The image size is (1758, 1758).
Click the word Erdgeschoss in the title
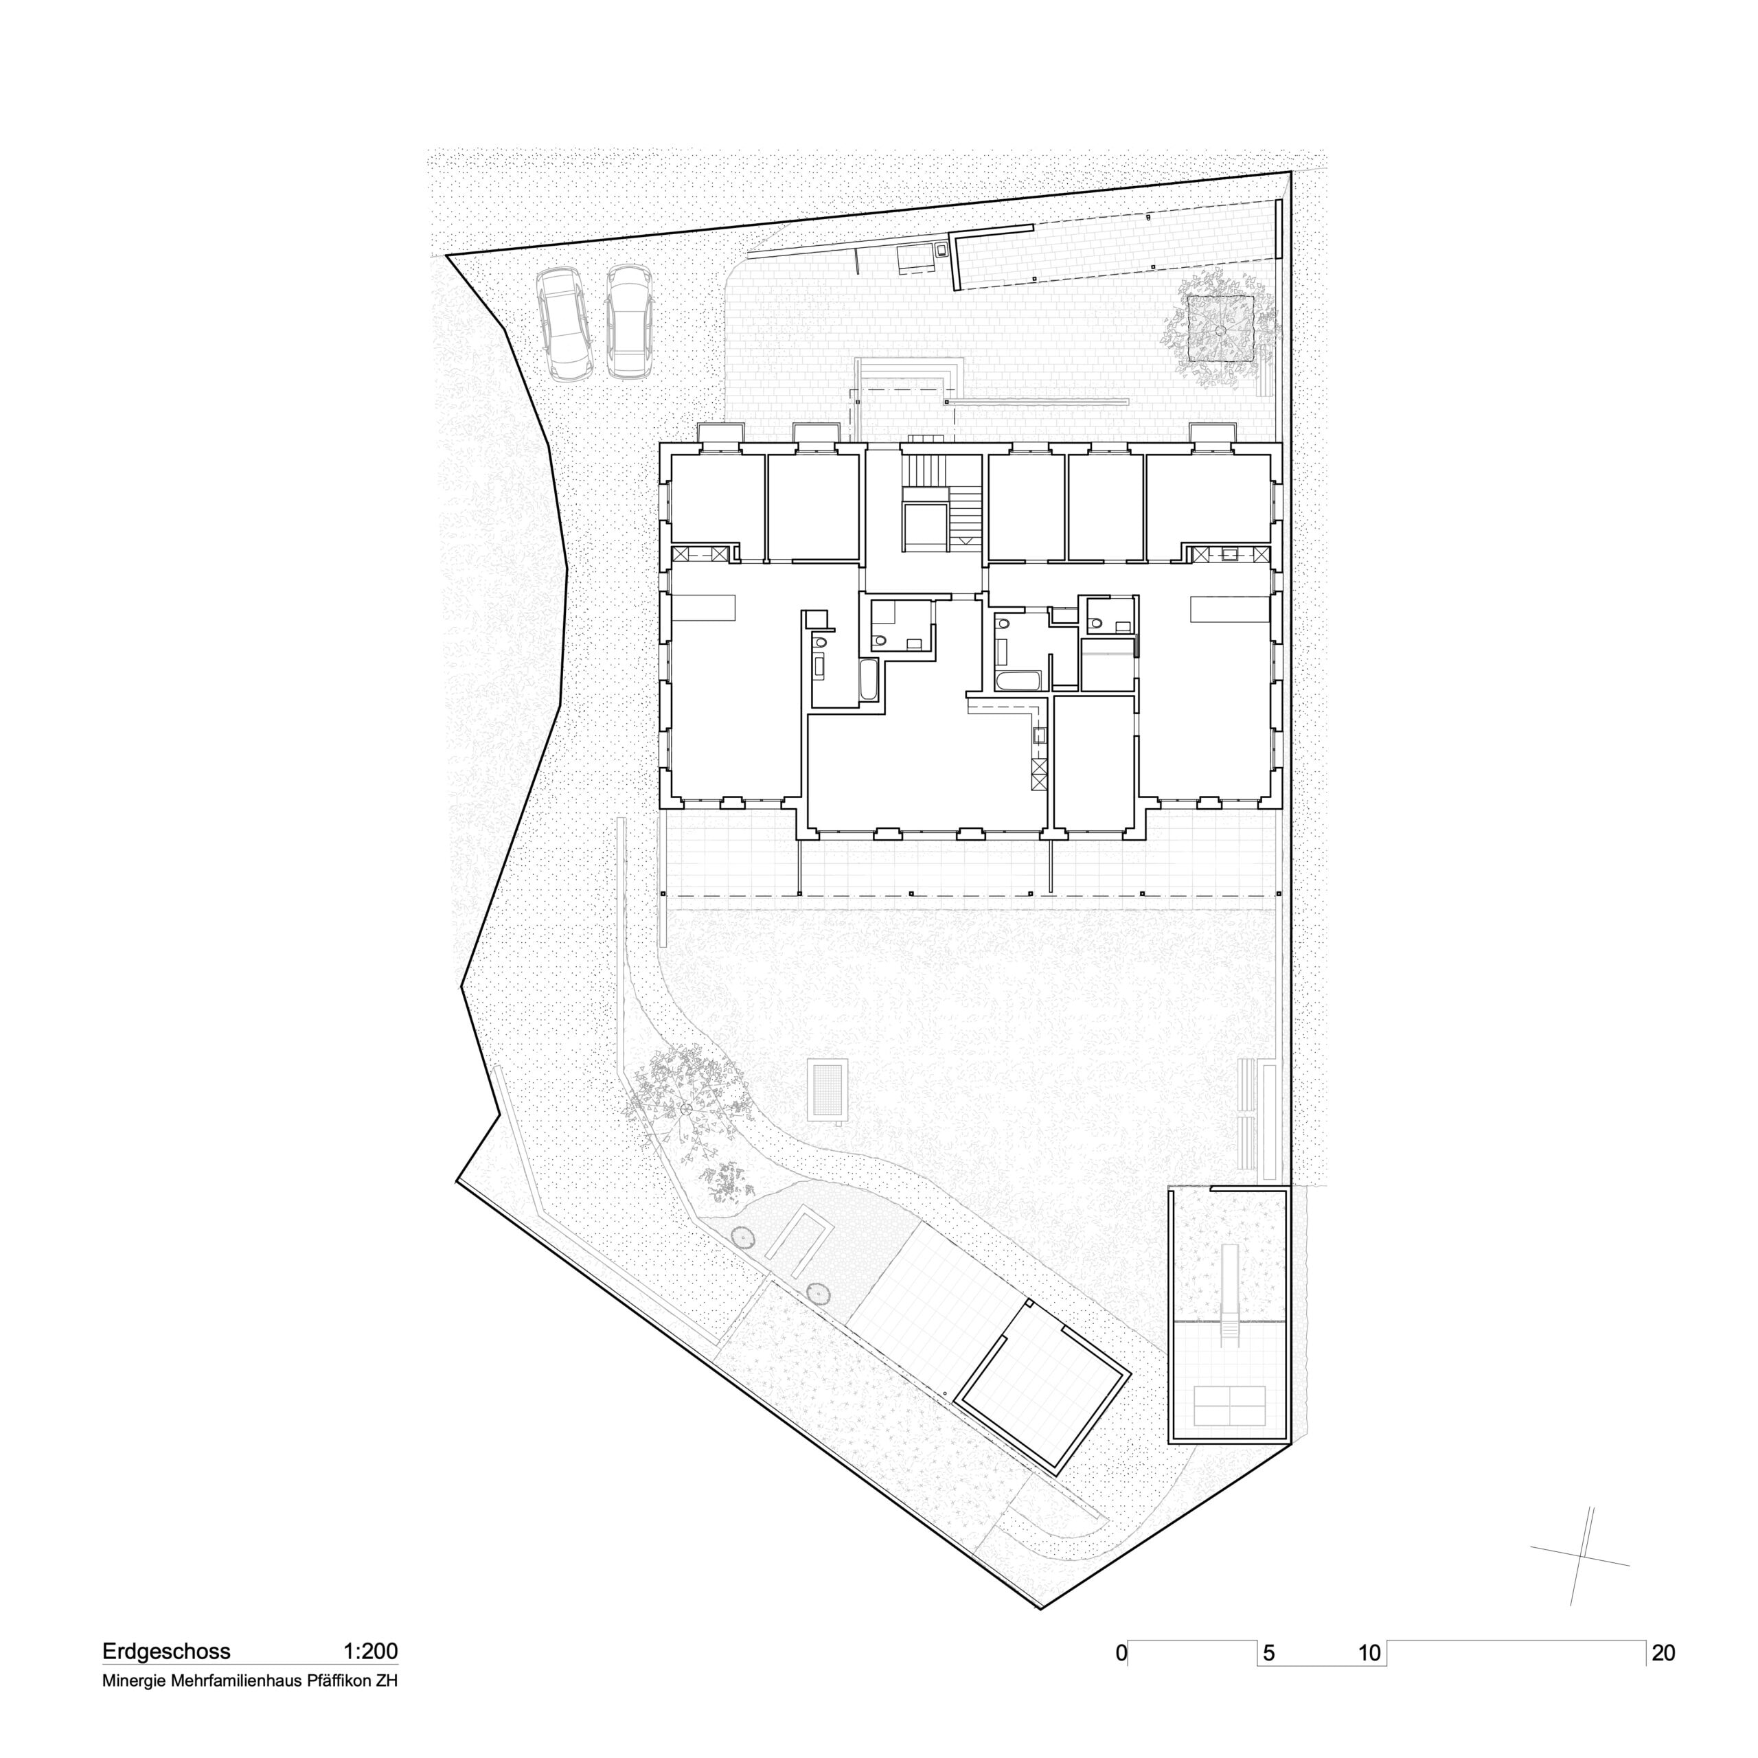166,1652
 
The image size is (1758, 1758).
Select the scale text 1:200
370,1652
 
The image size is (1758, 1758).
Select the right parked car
630,322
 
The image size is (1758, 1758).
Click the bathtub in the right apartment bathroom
1017,681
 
